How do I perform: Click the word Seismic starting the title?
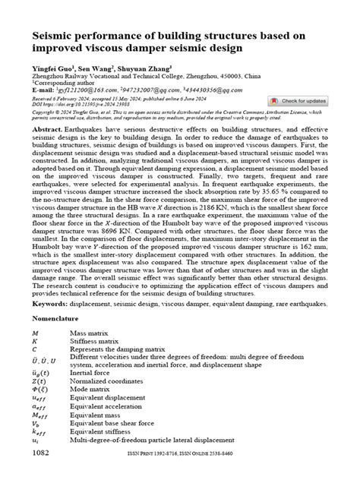53,36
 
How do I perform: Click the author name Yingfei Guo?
50,68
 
